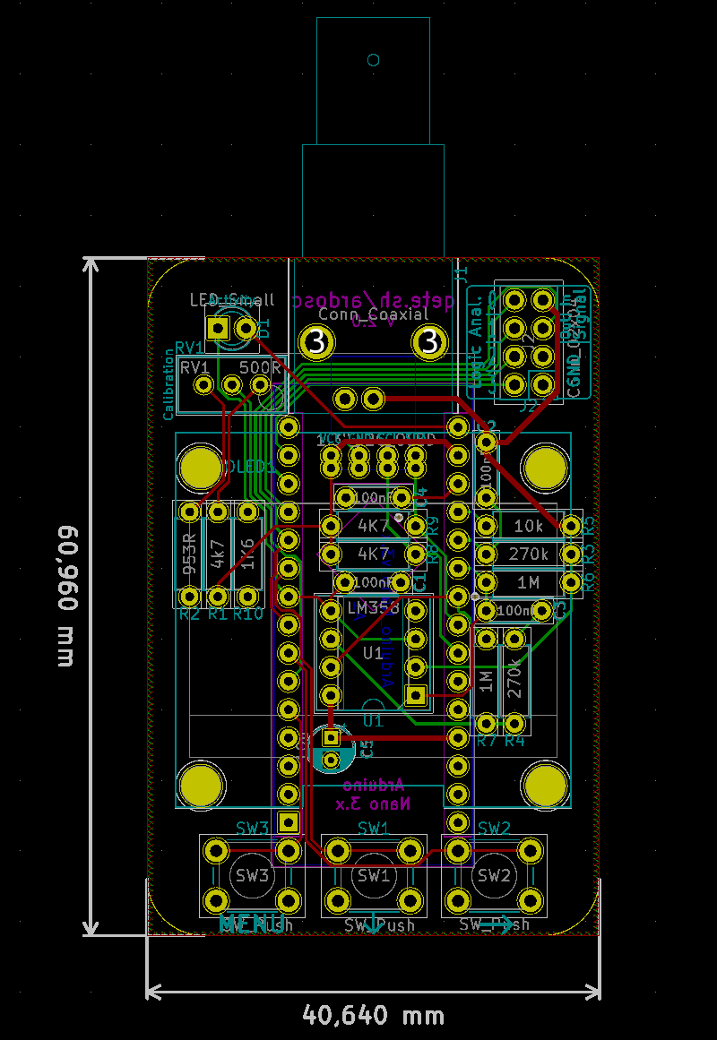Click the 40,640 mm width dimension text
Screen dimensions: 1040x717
point(373,1015)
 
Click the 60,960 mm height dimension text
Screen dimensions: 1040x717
point(66,597)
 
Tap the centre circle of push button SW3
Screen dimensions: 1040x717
point(252,875)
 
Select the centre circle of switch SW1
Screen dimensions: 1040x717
point(373,875)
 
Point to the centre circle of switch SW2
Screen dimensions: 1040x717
point(494,875)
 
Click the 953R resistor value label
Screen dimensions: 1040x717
point(189,553)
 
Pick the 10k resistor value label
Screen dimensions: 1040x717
point(528,526)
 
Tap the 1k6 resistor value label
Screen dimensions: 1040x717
point(246,553)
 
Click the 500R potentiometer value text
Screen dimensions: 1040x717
point(260,367)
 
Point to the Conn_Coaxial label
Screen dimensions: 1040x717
point(373,314)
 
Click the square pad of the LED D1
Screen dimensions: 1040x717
point(218,328)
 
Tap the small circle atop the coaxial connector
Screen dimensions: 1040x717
point(374,60)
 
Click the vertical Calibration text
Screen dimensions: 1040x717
point(168,385)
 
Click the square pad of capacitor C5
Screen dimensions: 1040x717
point(331,737)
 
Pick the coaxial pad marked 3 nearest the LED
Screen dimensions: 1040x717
point(316,341)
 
